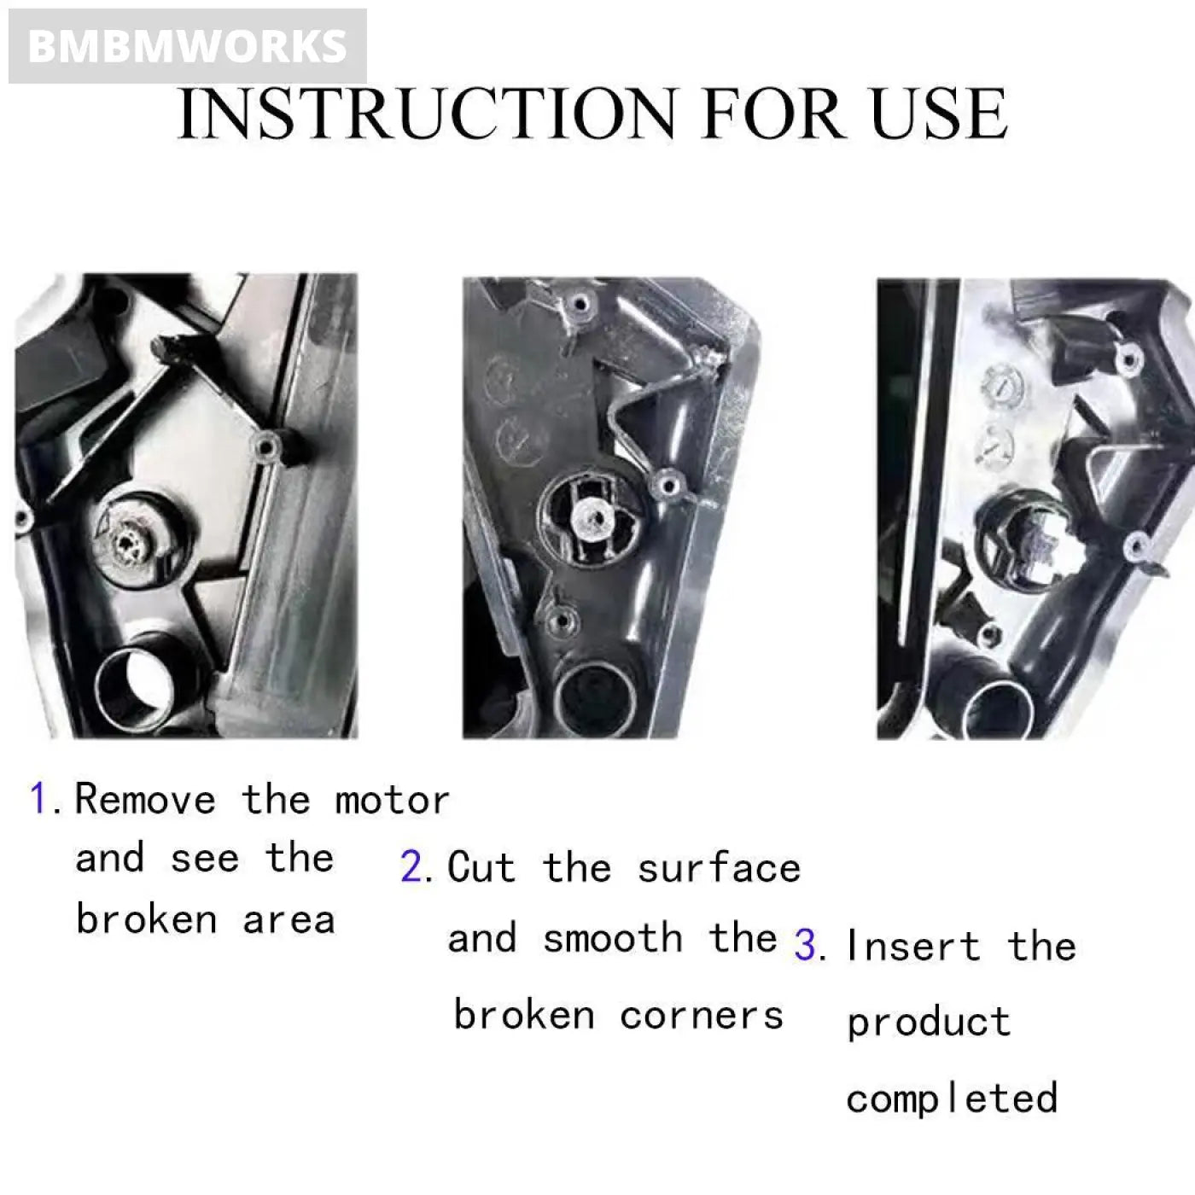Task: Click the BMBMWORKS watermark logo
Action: (187, 46)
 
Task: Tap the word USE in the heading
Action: (938, 114)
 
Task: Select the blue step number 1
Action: (38, 799)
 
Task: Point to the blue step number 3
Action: (806, 946)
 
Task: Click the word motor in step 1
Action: (392, 801)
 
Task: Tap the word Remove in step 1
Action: (145, 800)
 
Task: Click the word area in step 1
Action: (289, 920)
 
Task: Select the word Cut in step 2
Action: (481, 867)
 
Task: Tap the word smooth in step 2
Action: (612, 938)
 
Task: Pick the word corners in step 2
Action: (701, 1016)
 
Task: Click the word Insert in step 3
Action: (912, 946)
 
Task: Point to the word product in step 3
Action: (929, 1023)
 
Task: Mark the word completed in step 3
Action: (952, 1099)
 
